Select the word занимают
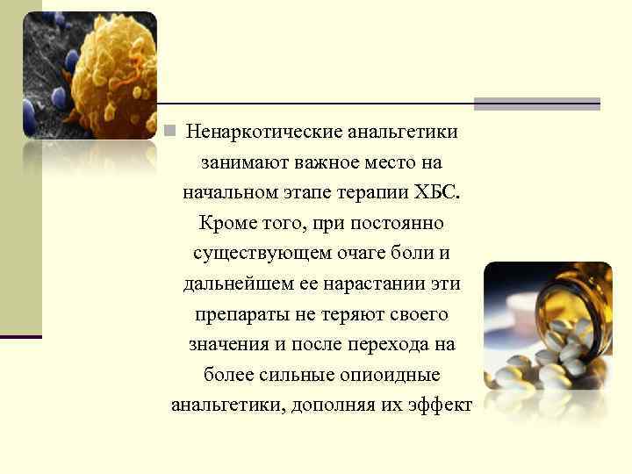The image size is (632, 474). (238, 163)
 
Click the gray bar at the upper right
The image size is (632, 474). (536, 104)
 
